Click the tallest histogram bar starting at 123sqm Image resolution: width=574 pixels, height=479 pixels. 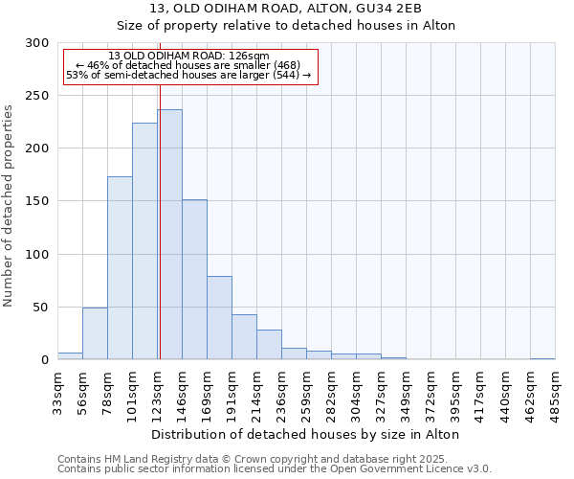click(169, 235)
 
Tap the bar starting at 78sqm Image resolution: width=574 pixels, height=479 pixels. click(120, 268)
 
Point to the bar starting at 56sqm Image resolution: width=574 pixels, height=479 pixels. click(95, 333)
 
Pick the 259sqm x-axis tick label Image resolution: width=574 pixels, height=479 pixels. click(306, 394)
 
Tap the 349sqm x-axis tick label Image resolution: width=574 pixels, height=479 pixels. click(406, 394)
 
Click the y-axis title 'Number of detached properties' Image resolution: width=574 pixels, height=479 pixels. click(9, 206)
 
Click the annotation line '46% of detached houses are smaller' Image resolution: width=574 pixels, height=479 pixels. click(188, 66)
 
